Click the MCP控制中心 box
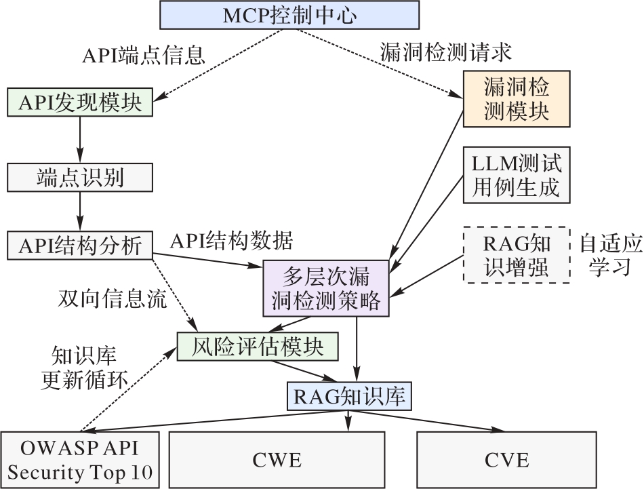pos(289,14)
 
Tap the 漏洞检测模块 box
pos(517,99)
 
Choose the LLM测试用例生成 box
pos(517,175)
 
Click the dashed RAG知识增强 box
pos(517,254)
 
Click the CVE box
pos(506,459)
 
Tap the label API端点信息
pos(143,54)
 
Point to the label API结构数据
pos(231,240)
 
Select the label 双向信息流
pos(113,300)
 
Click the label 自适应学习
pos(609,254)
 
